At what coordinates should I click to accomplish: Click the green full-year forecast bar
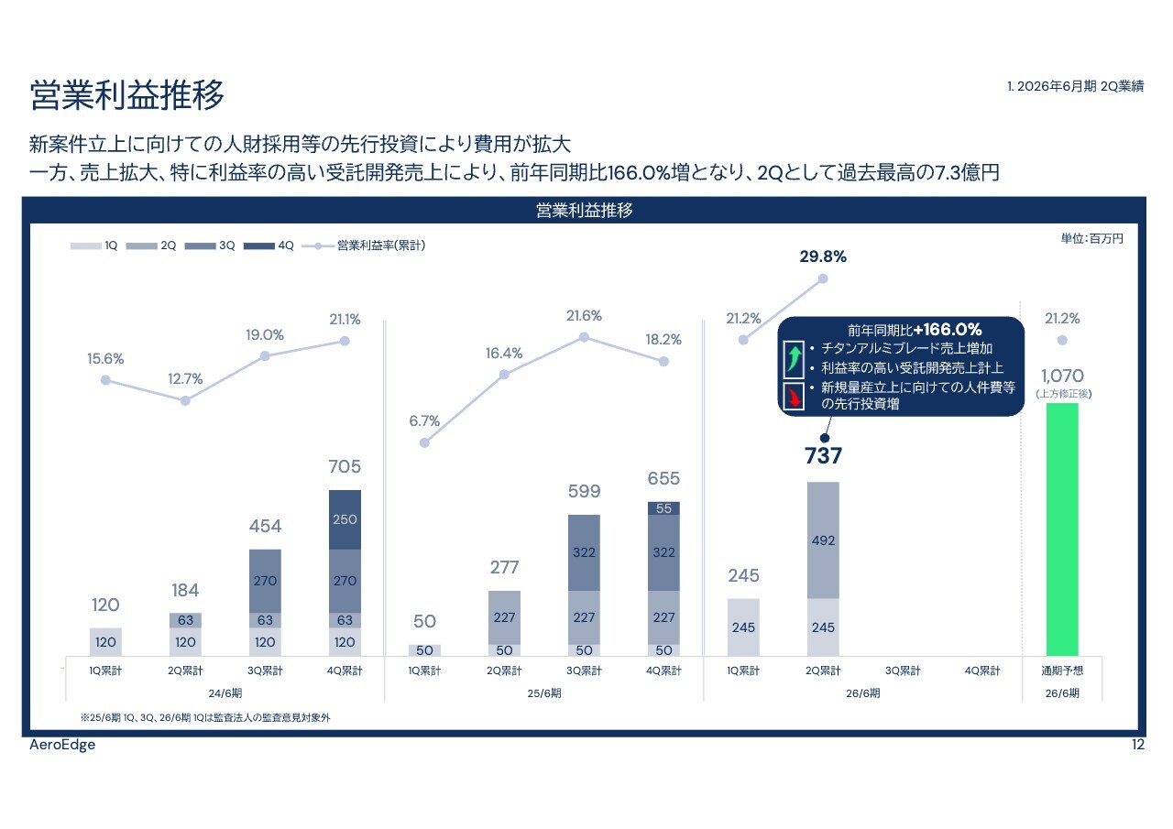(x=1062, y=529)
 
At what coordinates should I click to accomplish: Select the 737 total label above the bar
(x=823, y=456)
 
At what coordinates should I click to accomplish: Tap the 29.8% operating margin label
(x=823, y=257)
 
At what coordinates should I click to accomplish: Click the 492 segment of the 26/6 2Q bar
(x=823, y=540)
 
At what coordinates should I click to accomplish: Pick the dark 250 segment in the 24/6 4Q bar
(x=345, y=519)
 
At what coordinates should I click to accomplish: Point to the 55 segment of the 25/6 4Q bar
(x=663, y=508)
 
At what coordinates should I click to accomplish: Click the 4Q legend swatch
(x=259, y=245)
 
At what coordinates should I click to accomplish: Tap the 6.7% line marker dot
(x=424, y=442)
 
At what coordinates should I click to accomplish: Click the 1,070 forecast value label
(x=1062, y=376)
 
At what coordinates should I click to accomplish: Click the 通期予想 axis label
(x=1062, y=671)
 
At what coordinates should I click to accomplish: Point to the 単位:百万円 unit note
(x=1091, y=238)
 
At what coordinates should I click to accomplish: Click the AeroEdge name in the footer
(x=62, y=745)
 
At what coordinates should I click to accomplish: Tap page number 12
(x=1138, y=745)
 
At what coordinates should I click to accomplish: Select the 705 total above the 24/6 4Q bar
(x=345, y=468)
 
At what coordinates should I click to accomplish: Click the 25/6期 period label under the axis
(x=544, y=693)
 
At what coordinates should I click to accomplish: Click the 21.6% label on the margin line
(x=584, y=316)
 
